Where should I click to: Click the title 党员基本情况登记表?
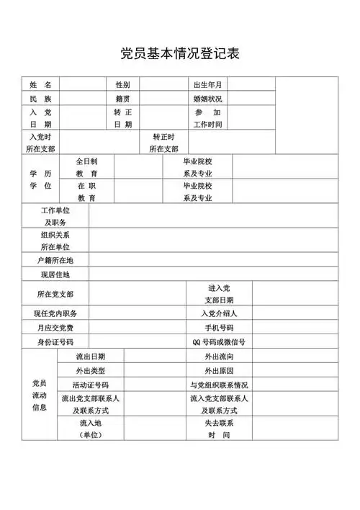click(x=179, y=53)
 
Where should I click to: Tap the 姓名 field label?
click(x=40, y=85)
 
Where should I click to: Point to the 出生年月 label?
click(x=207, y=85)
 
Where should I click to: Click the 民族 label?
click(x=40, y=99)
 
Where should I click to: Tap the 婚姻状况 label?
click(x=207, y=99)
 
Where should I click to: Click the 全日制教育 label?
click(x=87, y=168)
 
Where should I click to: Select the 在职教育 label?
click(x=87, y=192)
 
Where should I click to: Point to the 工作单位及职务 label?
click(x=55, y=216)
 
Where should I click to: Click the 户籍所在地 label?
click(x=55, y=260)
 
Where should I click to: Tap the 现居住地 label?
click(x=55, y=274)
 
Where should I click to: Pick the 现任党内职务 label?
click(x=55, y=313)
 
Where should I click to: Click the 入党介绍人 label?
click(x=219, y=313)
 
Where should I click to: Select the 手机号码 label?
click(x=219, y=328)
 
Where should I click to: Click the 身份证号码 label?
click(x=55, y=342)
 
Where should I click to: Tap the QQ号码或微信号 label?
click(x=219, y=342)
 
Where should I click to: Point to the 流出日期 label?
click(x=91, y=357)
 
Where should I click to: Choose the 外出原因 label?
click(x=219, y=370)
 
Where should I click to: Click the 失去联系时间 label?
click(x=219, y=429)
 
